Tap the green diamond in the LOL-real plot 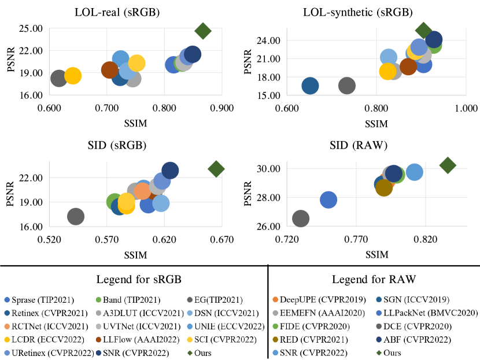203,31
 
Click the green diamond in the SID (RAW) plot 448,165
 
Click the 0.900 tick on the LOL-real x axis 221,107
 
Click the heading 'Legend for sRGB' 134,280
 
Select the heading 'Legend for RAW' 374,280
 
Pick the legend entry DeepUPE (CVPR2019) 316,299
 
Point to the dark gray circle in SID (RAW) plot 301,218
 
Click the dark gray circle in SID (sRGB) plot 76,216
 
